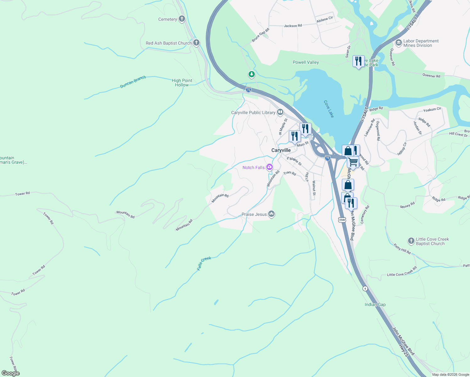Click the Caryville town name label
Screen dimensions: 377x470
(281, 150)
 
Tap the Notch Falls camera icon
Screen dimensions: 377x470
(269, 167)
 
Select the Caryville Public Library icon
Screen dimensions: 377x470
(280, 112)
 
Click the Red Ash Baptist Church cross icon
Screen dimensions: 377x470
(196, 43)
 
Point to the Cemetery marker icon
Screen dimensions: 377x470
(182, 19)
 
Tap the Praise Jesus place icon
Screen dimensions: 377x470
(272, 214)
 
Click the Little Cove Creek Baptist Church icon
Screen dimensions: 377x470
(411, 241)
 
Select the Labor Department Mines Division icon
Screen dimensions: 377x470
(399, 42)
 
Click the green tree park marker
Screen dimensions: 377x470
(251, 74)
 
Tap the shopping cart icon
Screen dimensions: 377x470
(353, 162)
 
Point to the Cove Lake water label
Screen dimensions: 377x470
(329, 109)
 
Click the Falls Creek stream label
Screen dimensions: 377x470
(204, 263)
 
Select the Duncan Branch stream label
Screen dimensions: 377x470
(133, 82)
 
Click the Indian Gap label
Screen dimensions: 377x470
(375, 304)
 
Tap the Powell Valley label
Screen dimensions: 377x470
(306, 62)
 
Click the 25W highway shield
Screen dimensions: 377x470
(342, 220)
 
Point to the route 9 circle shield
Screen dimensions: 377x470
(365, 288)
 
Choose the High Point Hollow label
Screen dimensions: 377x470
(182, 83)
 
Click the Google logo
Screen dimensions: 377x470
(11, 373)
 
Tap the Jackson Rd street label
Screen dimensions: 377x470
(292, 26)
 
